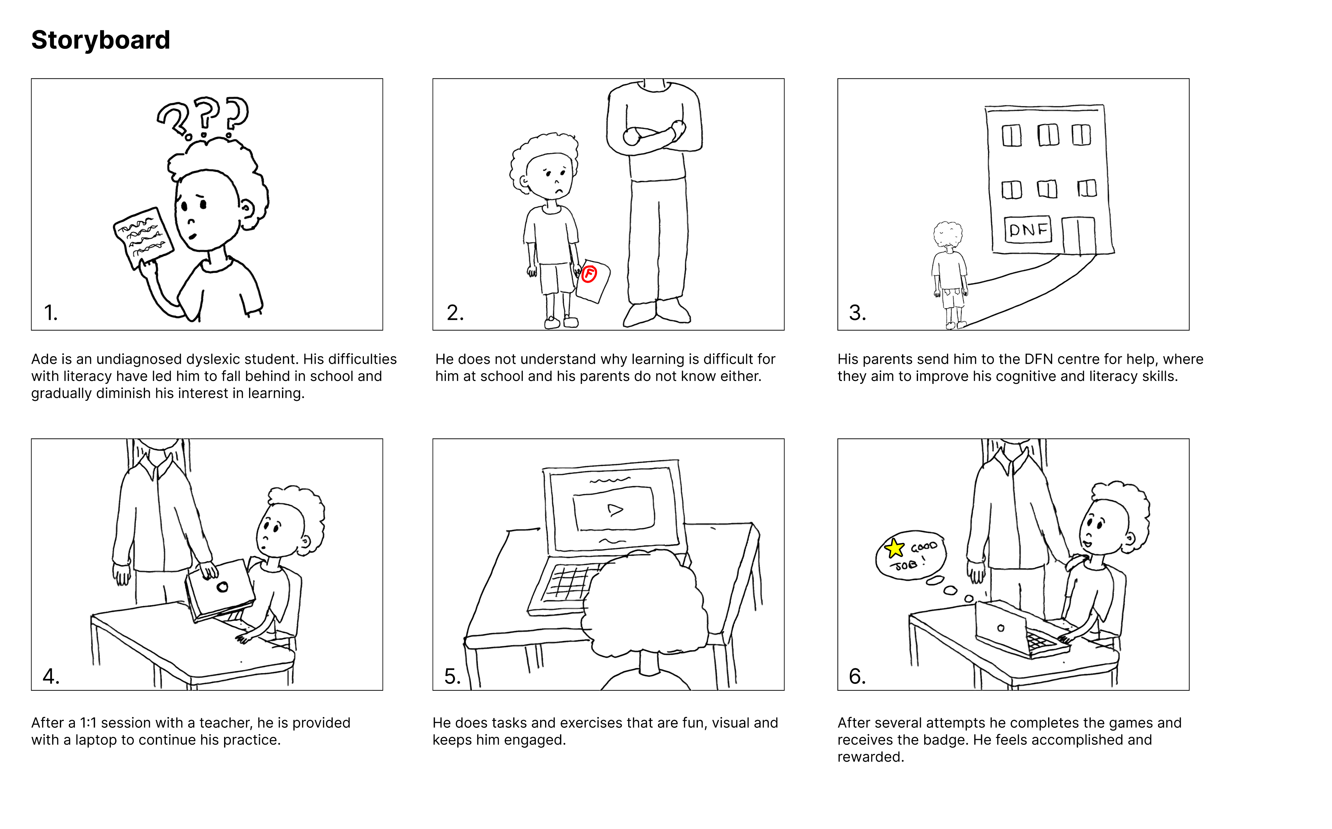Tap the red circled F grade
coord(589,274)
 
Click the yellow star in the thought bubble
coord(894,548)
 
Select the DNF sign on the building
coord(1028,229)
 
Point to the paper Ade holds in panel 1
coord(143,238)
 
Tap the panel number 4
coord(51,677)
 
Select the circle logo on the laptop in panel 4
coord(222,587)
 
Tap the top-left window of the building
coord(1011,135)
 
